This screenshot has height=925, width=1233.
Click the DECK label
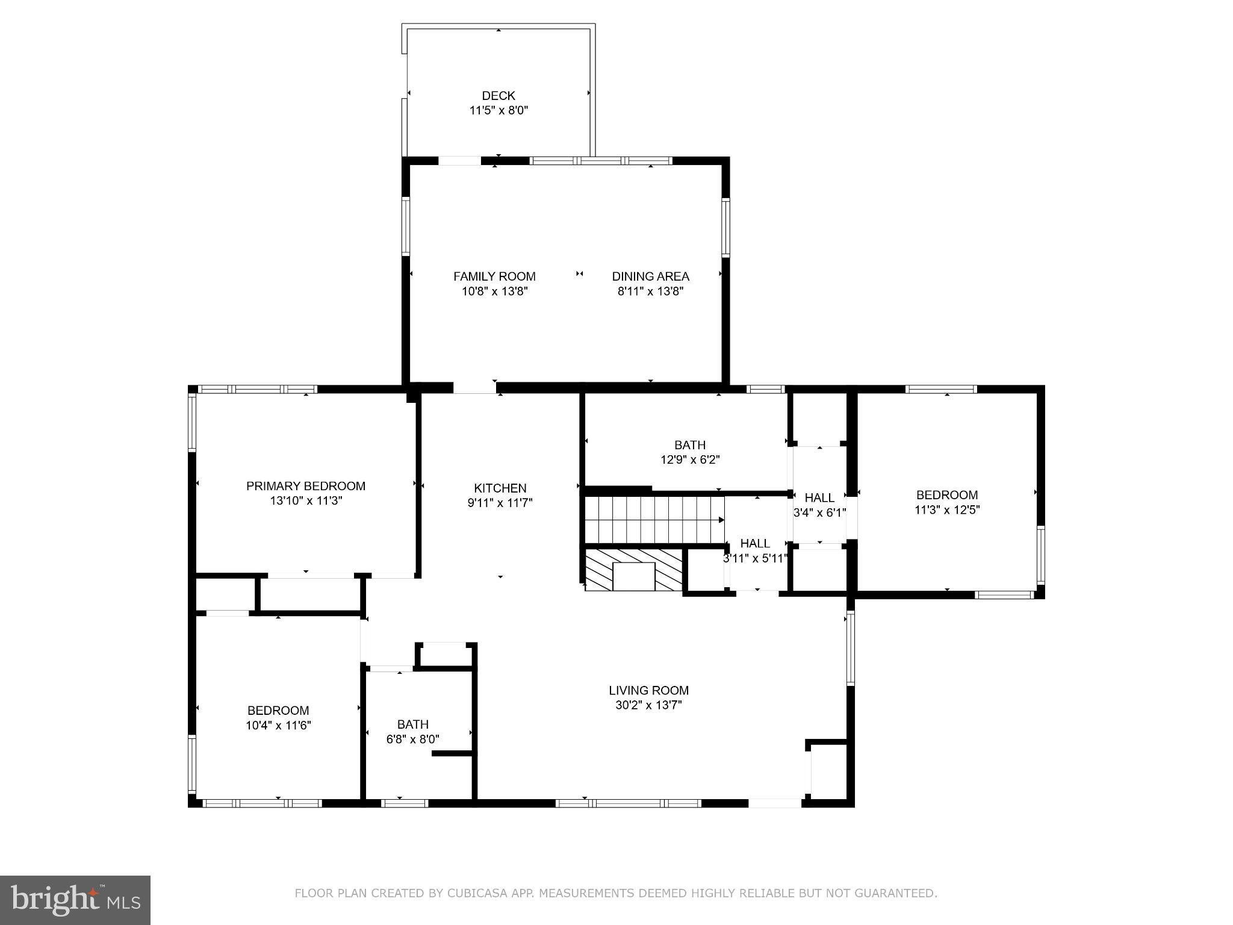(x=498, y=96)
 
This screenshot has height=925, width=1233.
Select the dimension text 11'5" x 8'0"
(x=498, y=111)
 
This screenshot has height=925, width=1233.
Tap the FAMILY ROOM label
(x=494, y=276)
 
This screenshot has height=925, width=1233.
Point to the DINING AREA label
(x=650, y=276)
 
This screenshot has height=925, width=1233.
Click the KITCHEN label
(x=500, y=488)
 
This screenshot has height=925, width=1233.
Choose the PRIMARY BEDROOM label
(x=305, y=486)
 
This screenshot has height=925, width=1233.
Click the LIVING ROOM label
(x=648, y=691)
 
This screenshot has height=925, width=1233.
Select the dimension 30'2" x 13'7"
(x=648, y=705)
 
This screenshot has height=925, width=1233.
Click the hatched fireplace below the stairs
(x=633, y=570)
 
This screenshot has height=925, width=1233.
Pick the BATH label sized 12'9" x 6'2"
(x=689, y=445)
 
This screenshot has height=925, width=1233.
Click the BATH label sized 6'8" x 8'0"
(x=412, y=724)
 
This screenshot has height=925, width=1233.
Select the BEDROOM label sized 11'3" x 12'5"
(x=946, y=495)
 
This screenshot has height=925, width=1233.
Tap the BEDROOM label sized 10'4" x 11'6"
(x=278, y=711)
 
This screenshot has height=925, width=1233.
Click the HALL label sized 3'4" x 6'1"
(x=819, y=498)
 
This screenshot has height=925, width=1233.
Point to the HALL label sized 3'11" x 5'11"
(x=755, y=543)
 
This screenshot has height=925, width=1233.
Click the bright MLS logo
(x=75, y=900)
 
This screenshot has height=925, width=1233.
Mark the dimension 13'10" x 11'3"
(x=305, y=501)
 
